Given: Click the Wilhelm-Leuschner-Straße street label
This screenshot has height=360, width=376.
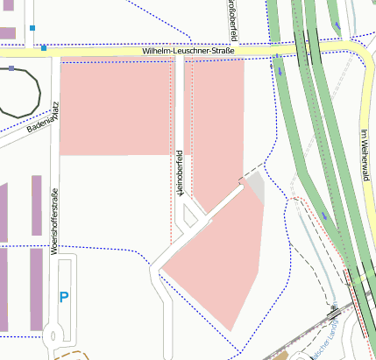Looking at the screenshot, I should tap(188, 53).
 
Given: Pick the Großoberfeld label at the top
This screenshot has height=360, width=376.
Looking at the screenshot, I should tap(232, 21).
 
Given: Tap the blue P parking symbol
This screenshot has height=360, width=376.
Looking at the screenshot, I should tap(63, 298).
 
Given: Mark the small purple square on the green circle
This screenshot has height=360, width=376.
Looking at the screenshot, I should tap(11, 67).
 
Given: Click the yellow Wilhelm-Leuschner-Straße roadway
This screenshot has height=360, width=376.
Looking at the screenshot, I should tap(105, 54).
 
